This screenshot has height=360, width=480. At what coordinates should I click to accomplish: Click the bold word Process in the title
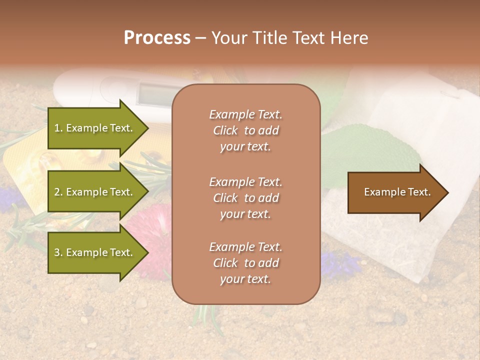(157, 38)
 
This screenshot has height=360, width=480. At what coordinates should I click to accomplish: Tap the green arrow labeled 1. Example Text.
(95, 128)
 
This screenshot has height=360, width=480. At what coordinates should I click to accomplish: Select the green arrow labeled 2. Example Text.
(95, 192)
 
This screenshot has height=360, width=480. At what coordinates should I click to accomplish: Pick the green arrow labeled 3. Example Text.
(95, 252)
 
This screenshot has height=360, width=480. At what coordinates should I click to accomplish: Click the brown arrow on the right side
(395, 192)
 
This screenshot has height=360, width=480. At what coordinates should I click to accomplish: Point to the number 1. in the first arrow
(58, 128)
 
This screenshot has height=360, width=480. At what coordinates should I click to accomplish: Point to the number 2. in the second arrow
(58, 192)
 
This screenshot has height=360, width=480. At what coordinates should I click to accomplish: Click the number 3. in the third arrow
(58, 252)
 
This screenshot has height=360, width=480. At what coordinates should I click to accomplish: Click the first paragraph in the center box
(245, 130)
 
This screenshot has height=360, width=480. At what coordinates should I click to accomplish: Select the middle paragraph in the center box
(245, 198)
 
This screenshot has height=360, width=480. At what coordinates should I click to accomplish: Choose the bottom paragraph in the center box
(245, 263)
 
